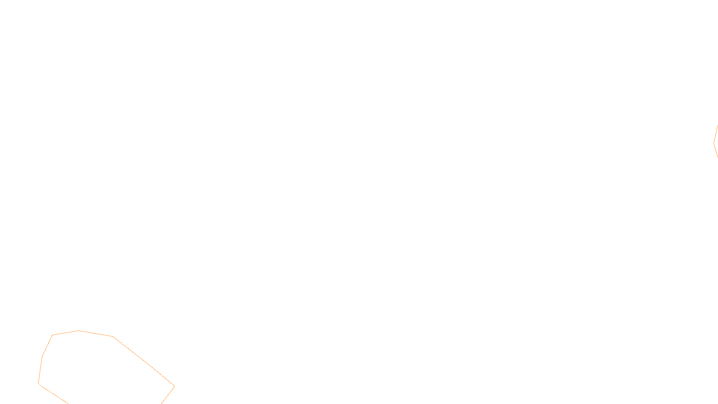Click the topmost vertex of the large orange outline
tap(79, 330)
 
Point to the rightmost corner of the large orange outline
tap(175, 386)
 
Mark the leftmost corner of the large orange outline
tap(39, 383)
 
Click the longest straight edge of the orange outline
tap(144, 361)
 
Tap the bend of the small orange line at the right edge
tap(714, 144)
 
